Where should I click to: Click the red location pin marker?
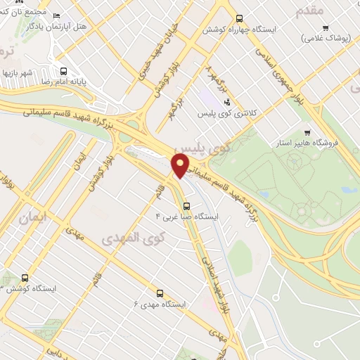point(181,165)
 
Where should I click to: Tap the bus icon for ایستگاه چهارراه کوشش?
point(240,18)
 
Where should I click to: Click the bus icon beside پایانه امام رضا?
point(64,71)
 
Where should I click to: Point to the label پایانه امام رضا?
point(65,82)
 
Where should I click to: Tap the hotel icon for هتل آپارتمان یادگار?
point(57,16)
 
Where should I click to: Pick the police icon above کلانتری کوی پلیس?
point(226,102)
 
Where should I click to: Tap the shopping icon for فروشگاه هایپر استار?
point(307,133)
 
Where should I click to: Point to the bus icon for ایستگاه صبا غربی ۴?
point(186,206)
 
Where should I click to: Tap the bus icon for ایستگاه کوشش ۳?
point(25,278)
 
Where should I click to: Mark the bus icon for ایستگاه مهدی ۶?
point(159,293)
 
